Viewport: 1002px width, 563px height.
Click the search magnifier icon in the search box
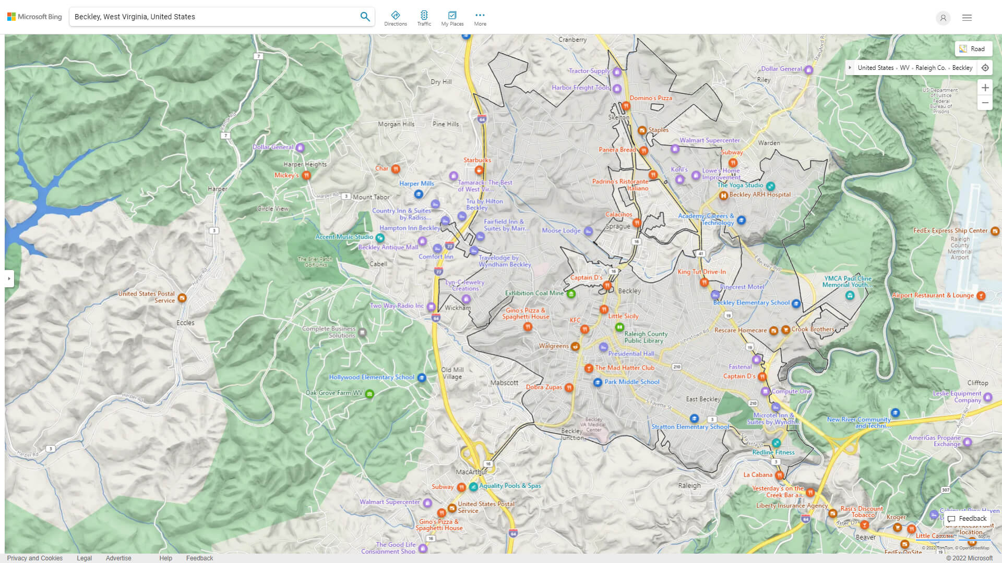tap(365, 17)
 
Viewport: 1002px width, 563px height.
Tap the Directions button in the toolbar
tap(396, 18)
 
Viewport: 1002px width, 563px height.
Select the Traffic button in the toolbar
tap(424, 18)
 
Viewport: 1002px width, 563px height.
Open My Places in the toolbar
tap(452, 18)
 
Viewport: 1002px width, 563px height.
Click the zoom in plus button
tap(985, 88)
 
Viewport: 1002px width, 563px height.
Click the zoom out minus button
tap(985, 103)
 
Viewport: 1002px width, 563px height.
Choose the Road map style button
tap(973, 49)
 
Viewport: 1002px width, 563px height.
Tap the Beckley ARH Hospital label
tap(759, 195)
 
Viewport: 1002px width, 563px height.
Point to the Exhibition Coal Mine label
tap(534, 293)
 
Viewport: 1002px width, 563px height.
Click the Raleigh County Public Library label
tap(646, 337)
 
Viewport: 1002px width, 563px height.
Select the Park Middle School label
tap(631, 382)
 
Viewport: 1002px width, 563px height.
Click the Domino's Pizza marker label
tap(650, 98)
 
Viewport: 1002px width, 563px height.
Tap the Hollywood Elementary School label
tap(372, 377)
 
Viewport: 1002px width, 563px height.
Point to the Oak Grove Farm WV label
tap(334, 393)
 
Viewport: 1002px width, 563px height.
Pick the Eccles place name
tap(185, 323)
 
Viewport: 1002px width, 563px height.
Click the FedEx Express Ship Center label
tap(950, 231)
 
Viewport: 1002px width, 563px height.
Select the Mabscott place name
tap(504, 383)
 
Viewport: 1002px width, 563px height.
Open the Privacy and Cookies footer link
tap(34, 558)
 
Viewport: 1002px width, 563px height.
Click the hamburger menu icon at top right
tap(967, 18)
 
